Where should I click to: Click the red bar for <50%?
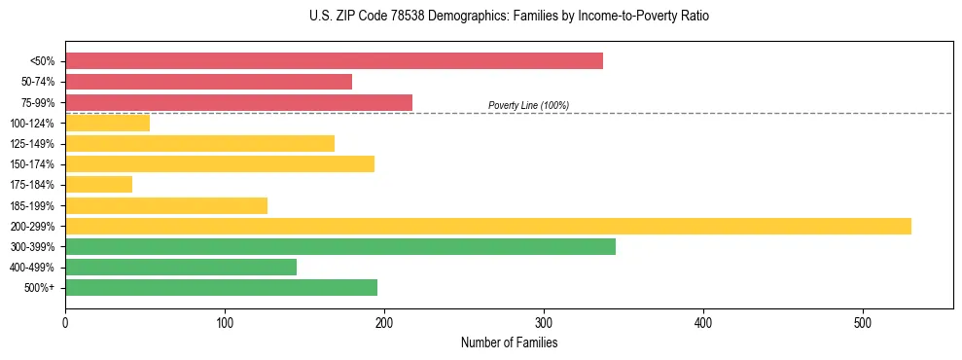click(334, 61)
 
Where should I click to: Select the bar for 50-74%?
click(208, 82)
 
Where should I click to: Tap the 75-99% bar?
click(238, 102)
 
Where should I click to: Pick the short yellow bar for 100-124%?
click(107, 123)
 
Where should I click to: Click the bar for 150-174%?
click(219, 164)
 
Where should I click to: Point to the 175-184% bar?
click(98, 185)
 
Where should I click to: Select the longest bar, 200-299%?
click(487, 226)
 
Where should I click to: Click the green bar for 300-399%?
click(339, 246)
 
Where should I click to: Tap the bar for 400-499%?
click(180, 267)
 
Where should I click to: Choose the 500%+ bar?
click(221, 287)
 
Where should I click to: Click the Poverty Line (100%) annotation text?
click(528, 105)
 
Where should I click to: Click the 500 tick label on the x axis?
click(863, 322)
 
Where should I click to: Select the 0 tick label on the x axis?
click(65, 322)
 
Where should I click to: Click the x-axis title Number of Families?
click(509, 342)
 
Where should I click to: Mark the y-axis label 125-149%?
click(32, 144)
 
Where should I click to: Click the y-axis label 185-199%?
click(32, 205)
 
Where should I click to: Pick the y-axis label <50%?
click(42, 61)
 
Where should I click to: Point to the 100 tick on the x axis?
click(225, 322)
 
